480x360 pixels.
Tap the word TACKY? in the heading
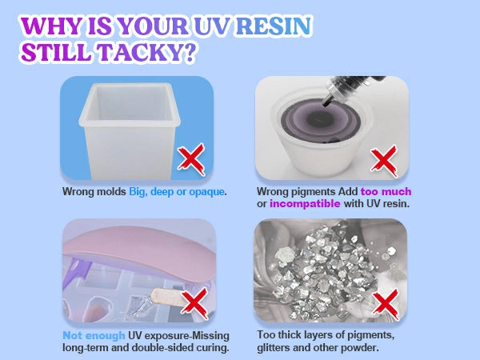pos(147,52)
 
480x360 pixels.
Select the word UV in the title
pos(212,26)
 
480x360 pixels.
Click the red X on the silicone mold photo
pos(191,159)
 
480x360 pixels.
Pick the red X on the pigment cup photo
pos(384,162)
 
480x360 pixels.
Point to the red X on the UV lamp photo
pos(194,303)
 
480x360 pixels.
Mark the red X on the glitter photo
pos(386,304)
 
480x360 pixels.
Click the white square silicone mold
pos(130,130)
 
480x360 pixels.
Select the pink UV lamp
pos(138,250)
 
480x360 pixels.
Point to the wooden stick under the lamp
pos(168,297)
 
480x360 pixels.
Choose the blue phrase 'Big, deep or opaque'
pos(177,192)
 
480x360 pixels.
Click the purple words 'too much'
pos(386,192)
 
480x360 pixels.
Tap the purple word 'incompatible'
pos(305,204)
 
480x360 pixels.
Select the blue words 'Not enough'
pos(94,336)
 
